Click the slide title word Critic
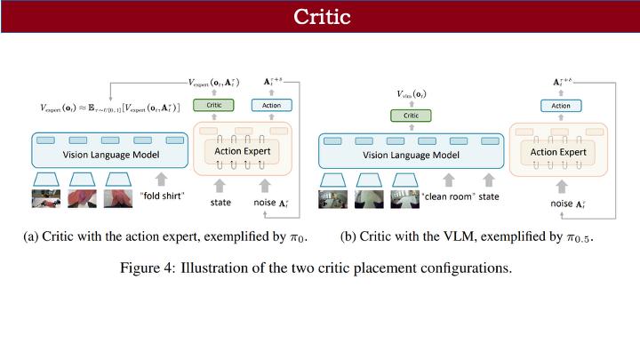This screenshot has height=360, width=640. (320, 18)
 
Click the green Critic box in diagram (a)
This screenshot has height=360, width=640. (213, 105)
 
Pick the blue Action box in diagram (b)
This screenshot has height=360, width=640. (561, 106)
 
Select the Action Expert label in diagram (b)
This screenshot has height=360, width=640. (558, 152)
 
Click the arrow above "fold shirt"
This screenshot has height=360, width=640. (161, 178)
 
